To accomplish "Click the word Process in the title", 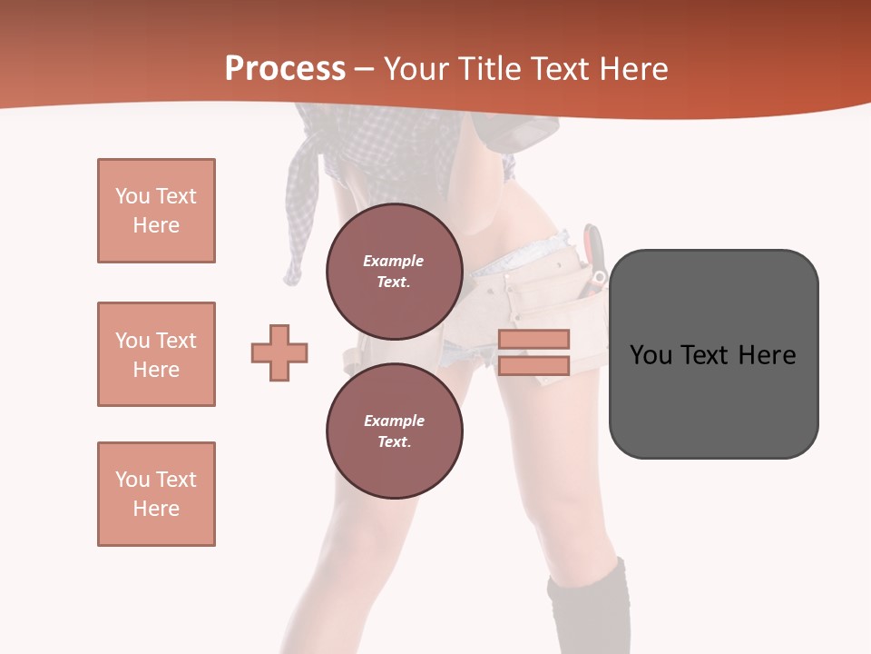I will (285, 68).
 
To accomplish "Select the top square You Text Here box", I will (156, 211).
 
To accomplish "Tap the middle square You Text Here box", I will (156, 354).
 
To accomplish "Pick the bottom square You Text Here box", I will (156, 494).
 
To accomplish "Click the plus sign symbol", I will (279, 352).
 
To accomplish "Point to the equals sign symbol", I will (533, 352).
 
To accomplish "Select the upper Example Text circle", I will (394, 272).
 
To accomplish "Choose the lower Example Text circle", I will (394, 431).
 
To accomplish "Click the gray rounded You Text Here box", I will (713, 354).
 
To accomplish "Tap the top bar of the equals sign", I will (533, 339).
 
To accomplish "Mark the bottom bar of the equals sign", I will (533, 365).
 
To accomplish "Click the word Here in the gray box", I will (767, 355).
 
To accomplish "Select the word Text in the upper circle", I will (393, 282).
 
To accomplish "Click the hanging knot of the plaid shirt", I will (294, 269).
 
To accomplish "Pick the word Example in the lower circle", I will (394, 421).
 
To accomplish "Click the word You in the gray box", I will (651, 355).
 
